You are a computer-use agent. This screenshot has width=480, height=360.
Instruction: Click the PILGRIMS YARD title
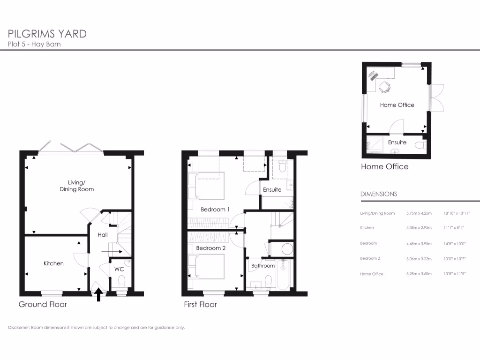tap(47, 34)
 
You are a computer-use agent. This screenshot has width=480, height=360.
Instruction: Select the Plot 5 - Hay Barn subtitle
tap(34, 45)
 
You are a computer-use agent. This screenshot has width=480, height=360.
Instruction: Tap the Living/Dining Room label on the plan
tap(76, 186)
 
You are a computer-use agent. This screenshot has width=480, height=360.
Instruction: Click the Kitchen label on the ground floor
tap(53, 263)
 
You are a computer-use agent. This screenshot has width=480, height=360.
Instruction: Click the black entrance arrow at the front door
tap(99, 295)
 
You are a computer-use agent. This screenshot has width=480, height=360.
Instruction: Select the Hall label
tap(103, 234)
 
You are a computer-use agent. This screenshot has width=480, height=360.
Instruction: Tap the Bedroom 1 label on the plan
tap(215, 210)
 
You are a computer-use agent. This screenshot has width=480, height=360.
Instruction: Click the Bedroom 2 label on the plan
tap(211, 248)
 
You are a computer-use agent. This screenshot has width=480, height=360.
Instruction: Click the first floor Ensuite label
tap(272, 190)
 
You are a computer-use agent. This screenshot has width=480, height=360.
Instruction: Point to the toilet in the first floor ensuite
tap(282, 167)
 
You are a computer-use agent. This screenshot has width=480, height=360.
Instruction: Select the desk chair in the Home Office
tap(384, 87)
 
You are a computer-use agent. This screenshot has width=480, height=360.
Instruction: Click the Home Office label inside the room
tap(397, 105)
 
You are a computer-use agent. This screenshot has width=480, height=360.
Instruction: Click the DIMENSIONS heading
tap(378, 194)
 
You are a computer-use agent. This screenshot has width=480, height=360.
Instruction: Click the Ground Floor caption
tap(43, 305)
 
